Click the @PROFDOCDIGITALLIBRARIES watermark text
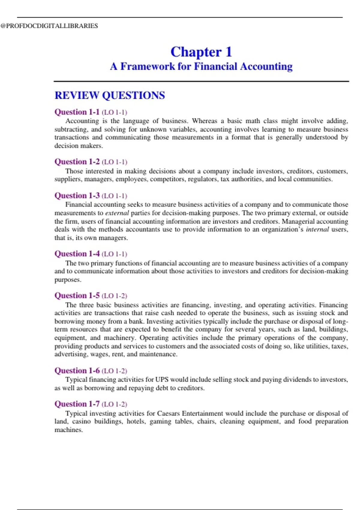coord(49,26)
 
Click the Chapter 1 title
coord(201,52)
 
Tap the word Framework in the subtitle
coord(147,66)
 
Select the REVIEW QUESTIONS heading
coord(109,95)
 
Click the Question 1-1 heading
coord(77,112)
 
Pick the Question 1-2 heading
coord(77,162)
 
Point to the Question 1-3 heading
coord(77,196)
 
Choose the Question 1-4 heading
coord(77,254)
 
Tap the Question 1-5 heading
coord(77,296)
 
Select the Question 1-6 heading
coord(77,371)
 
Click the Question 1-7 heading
coord(77,404)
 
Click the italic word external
coord(117,213)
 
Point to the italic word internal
coord(317,229)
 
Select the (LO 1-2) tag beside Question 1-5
coord(114,296)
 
